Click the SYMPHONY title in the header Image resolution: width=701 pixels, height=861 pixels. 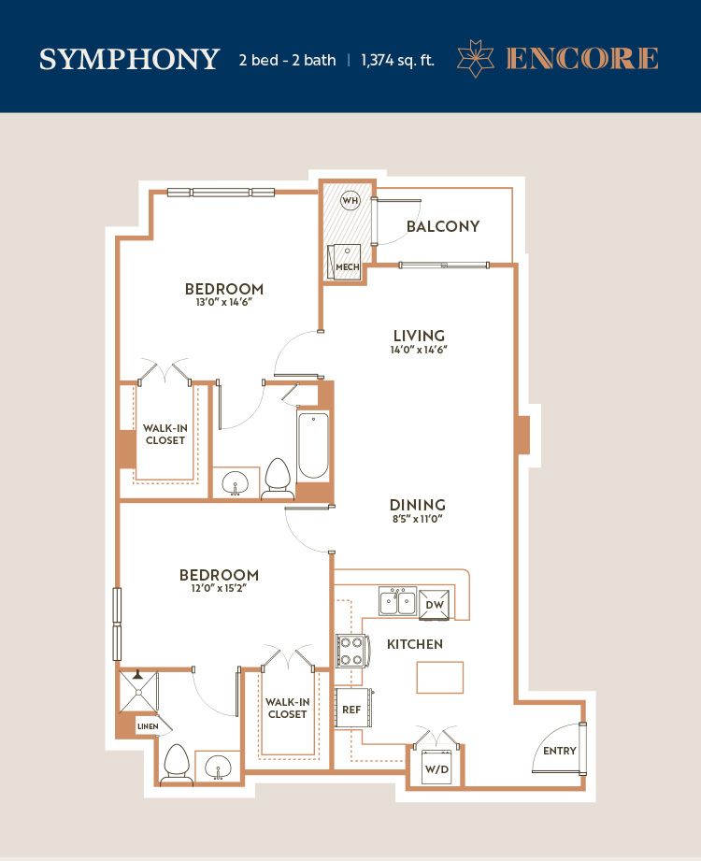[x=129, y=59]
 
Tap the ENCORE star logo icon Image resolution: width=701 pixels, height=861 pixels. [x=476, y=58]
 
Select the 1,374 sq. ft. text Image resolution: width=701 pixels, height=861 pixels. [x=397, y=60]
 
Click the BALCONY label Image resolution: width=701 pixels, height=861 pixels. [x=443, y=226]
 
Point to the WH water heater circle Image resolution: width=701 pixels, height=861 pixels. [x=350, y=200]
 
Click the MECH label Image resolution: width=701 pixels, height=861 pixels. [x=348, y=266]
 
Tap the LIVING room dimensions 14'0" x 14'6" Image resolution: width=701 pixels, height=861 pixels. [x=419, y=350]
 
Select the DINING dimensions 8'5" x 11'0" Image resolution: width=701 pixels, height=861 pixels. [x=417, y=519]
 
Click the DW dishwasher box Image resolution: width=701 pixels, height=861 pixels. [x=435, y=605]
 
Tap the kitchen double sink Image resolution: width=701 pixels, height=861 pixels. [x=397, y=601]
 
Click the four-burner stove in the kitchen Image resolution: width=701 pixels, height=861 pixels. [x=350, y=651]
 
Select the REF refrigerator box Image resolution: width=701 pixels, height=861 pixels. [x=352, y=709]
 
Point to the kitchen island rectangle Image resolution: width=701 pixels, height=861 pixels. [x=439, y=678]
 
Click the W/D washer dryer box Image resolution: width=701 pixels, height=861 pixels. [x=437, y=768]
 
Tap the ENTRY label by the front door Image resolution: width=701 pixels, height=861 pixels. [x=559, y=751]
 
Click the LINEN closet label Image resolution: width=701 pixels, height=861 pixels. [x=148, y=726]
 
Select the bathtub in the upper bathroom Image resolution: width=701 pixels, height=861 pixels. [x=313, y=445]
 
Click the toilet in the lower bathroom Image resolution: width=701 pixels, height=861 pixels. [x=177, y=765]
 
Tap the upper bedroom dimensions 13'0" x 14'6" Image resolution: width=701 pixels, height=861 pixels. [x=224, y=302]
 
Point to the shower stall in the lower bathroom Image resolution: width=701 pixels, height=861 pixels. [x=137, y=690]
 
